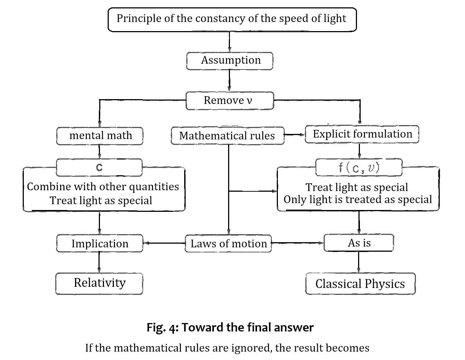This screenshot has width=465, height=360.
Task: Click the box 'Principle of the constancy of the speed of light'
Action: pos(232,19)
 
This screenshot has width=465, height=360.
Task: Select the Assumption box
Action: pos(230,61)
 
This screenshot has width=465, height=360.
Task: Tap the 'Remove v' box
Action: pos(230,101)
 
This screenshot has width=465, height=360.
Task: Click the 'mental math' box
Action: pos(100,136)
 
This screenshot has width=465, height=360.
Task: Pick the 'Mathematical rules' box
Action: pos(227,136)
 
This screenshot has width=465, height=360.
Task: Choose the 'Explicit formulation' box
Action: pos(362,134)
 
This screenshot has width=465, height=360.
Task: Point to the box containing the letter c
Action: pos(99,168)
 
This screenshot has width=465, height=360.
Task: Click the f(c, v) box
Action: pos(359,168)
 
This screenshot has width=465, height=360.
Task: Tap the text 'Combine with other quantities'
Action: pos(103,187)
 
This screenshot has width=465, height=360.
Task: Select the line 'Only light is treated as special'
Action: pos(358,200)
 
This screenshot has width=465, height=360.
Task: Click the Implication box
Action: pos(100,244)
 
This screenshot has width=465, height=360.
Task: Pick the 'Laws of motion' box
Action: pos(228,244)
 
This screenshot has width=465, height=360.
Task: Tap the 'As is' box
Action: pos(359,243)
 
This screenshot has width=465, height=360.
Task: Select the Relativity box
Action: pos(99,283)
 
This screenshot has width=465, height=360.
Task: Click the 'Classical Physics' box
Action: pos(360,284)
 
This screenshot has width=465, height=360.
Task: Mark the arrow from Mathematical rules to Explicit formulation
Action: pos(294,135)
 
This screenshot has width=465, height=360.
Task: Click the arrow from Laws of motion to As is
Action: pos(297,243)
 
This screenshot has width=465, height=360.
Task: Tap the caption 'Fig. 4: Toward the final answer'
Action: pos(230,327)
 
